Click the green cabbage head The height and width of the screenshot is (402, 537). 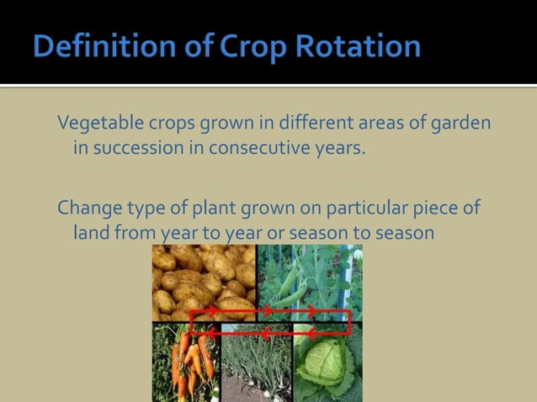328,366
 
